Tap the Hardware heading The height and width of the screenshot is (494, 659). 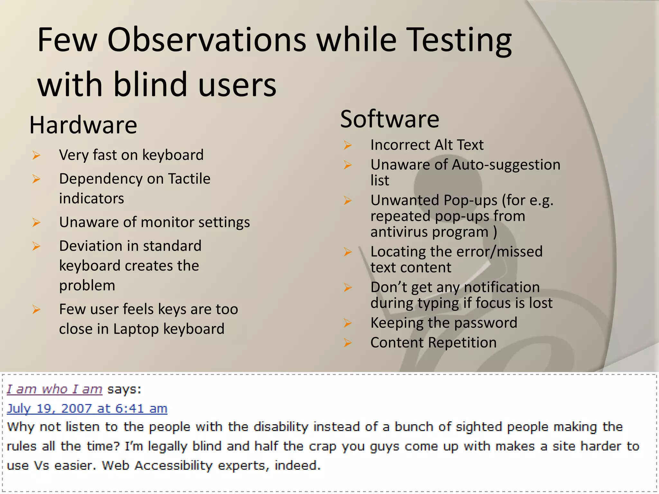(x=83, y=125)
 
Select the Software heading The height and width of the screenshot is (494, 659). (x=390, y=119)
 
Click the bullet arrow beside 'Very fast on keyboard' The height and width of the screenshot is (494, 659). (x=36, y=156)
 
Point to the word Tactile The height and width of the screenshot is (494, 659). (x=189, y=178)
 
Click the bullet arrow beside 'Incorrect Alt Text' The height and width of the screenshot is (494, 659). (x=348, y=145)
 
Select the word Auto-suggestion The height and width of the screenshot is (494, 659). (x=506, y=165)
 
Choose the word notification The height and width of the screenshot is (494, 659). (x=502, y=287)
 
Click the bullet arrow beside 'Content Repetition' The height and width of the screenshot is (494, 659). (x=348, y=343)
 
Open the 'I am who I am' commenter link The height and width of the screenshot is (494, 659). (x=54, y=389)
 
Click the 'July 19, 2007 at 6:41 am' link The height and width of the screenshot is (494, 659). (x=87, y=408)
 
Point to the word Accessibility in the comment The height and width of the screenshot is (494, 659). (x=174, y=465)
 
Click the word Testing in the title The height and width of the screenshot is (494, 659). (x=460, y=40)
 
